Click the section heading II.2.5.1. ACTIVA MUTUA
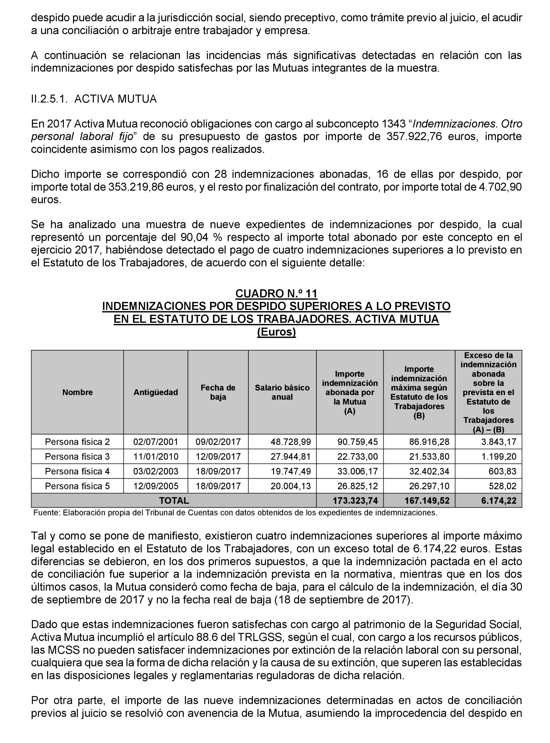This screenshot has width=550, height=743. (94, 99)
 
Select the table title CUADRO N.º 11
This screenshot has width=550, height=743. (276, 293)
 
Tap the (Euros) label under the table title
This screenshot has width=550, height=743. (276, 332)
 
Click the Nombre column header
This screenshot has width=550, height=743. (77, 392)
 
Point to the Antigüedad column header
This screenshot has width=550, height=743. (155, 392)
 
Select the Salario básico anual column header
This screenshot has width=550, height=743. (282, 392)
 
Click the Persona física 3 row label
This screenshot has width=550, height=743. (77, 456)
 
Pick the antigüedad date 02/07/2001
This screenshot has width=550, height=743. (155, 442)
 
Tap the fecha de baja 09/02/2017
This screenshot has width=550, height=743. (218, 442)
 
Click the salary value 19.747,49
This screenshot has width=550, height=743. (291, 471)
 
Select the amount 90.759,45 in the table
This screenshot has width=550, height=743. (358, 442)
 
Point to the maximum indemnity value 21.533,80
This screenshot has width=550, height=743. (429, 456)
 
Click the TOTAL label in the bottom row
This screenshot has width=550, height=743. (174, 500)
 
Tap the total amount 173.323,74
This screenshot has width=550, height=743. (355, 500)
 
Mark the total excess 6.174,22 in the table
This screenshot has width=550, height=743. (498, 500)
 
